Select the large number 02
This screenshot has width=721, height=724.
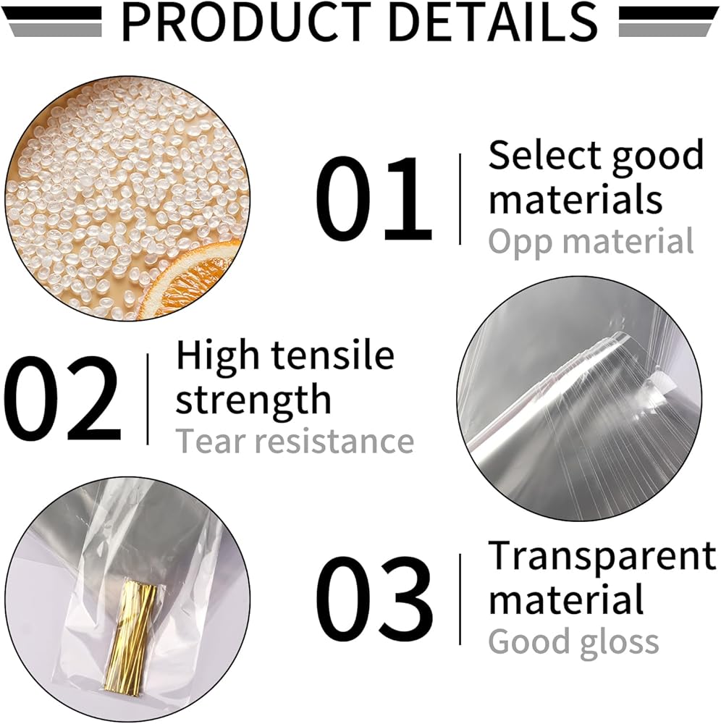click(x=62, y=399)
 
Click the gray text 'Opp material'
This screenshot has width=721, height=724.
click(x=591, y=242)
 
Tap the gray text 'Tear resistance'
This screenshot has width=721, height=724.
click(x=295, y=442)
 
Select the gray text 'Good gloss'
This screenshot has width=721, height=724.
click(x=573, y=641)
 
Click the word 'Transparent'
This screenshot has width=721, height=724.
click(x=602, y=555)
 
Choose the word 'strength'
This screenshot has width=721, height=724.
click(x=253, y=399)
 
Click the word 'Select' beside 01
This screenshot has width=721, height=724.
click(x=542, y=155)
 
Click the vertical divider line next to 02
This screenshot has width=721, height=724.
click(x=148, y=399)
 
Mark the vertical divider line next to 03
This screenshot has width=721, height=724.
click(x=460, y=599)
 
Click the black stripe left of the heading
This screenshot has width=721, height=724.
click(x=51, y=14)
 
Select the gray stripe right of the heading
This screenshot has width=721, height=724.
click(x=665, y=30)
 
